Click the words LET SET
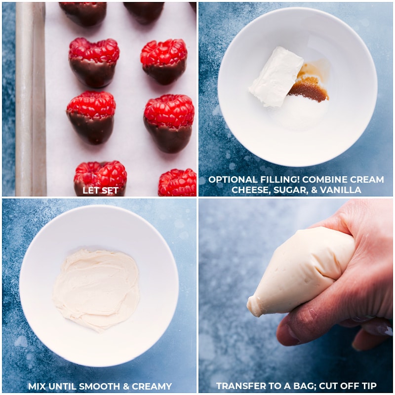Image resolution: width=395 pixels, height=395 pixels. point(100,191)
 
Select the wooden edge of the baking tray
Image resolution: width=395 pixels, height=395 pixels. point(30,99)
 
